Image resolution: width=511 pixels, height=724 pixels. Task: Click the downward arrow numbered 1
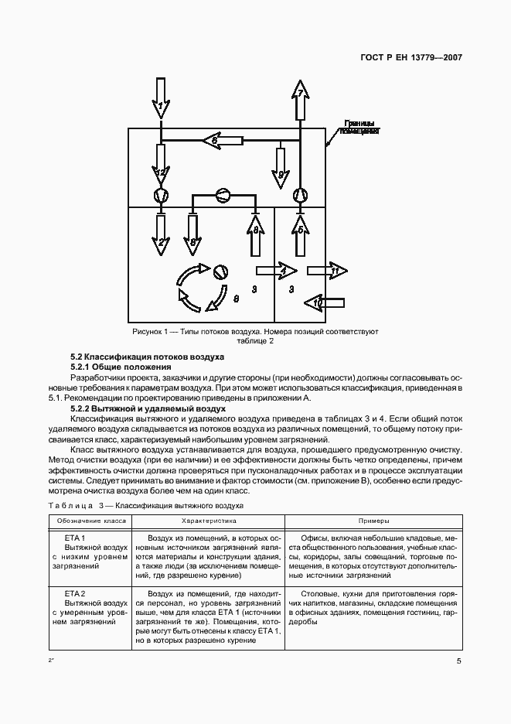tap(161, 99)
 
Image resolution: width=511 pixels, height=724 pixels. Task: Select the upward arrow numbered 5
tap(300, 235)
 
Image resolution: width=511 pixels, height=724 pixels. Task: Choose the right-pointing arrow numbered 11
tap(327, 271)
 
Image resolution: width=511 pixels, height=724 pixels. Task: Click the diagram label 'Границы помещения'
tap(359, 127)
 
